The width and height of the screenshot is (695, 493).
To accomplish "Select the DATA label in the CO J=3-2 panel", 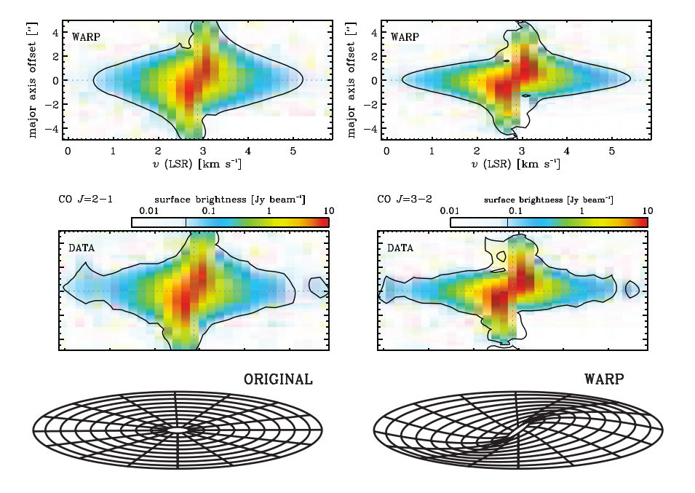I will (x=400, y=248).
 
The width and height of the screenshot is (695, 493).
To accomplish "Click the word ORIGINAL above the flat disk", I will (x=278, y=379).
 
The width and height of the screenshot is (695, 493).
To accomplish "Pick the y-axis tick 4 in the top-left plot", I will (x=52, y=32).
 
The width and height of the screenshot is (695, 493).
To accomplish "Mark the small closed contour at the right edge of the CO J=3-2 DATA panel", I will (x=632, y=289).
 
